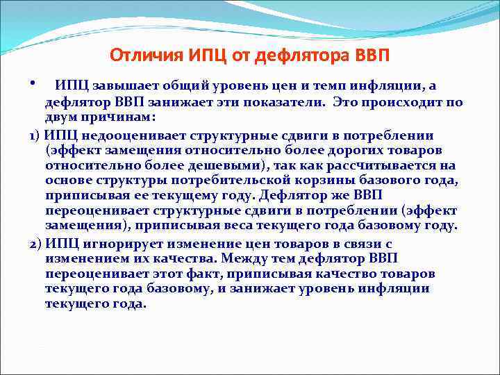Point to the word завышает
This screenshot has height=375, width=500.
[122, 85]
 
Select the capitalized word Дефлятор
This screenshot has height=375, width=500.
[288, 196]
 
